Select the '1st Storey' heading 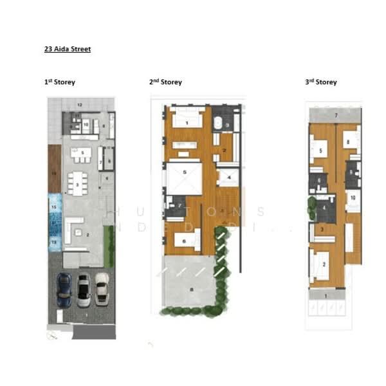pos(60,82)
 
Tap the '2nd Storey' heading pos(165,82)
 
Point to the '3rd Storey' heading pos(320,82)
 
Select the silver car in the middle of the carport pos(84,291)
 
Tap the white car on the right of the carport pos(102,288)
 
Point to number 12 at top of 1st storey pos(80,104)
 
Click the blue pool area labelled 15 pos(55,207)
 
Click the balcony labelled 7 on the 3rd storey pos(335,115)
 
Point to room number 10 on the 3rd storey pos(353,198)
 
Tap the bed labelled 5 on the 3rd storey pos(320,152)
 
